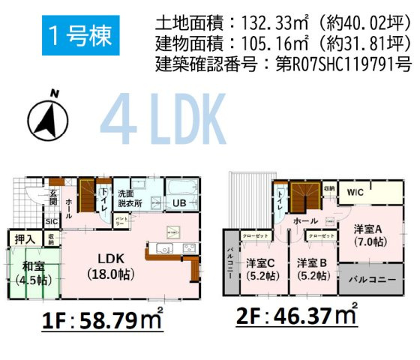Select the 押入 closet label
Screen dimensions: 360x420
(x=25, y=239)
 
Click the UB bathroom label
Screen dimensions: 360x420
(x=181, y=203)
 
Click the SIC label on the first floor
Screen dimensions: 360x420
(x=52, y=222)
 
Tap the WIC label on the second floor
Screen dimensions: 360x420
(x=355, y=193)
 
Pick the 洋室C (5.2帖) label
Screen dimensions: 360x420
(x=262, y=268)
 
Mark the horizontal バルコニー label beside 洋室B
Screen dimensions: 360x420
(x=368, y=284)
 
